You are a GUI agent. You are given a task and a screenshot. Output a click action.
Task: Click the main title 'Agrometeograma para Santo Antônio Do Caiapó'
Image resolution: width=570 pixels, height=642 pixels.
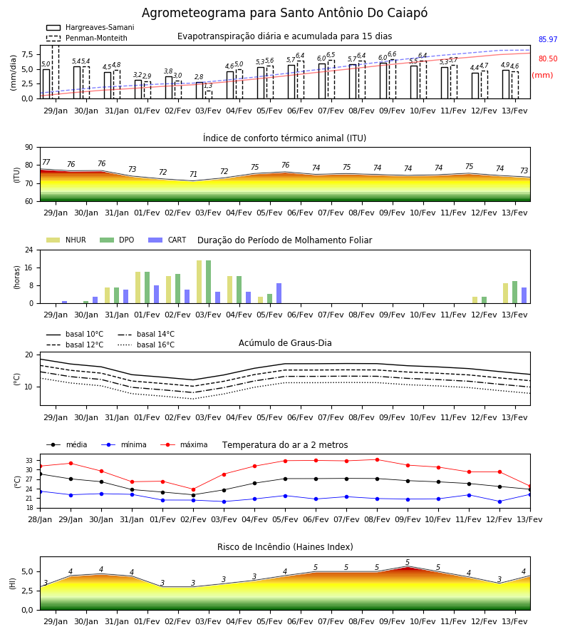click(x=284, y=13)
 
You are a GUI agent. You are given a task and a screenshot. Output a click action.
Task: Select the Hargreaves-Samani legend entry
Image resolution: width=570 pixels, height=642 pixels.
click(x=90, y=27)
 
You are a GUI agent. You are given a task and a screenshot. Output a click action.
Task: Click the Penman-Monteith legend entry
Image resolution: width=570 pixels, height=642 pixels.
click(x=87, y=38)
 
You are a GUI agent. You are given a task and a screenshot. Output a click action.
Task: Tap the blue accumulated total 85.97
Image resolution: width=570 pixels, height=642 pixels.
click(x=548, y=40)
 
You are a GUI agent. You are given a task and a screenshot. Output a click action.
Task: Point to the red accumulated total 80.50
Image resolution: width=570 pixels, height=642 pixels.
click(x=548, y=59)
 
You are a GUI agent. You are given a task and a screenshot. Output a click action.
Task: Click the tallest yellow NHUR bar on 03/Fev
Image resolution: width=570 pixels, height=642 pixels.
click(x=199, y=282)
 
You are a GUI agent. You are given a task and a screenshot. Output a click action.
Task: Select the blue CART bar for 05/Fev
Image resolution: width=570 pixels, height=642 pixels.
click(x=279, y=293)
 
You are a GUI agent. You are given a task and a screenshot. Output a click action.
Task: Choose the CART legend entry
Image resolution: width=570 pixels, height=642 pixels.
click(x=167, y=240)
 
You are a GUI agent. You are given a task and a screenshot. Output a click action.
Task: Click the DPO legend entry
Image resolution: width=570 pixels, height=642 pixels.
click(x=117, y=240)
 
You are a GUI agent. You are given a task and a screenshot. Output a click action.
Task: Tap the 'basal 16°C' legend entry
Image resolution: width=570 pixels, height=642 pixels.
click(x=146, y=345)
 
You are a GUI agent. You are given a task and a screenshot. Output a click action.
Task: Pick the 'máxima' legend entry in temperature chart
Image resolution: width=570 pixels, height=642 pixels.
click(x=184, y=444)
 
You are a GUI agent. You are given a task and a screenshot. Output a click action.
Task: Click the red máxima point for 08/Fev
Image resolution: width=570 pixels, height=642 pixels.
click(x=377, y=460)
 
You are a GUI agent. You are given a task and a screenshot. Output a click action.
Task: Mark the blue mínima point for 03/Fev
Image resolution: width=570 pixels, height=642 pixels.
click(x=224, y=501)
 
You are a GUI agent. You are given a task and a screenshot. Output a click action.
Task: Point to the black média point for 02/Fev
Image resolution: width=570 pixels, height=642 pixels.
click(x=193, y=495)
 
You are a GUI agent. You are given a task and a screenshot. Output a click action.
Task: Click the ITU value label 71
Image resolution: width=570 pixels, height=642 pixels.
click(x=193, y=175)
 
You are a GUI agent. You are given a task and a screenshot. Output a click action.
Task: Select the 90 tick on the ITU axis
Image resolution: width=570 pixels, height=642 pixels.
click(x=29, y=148)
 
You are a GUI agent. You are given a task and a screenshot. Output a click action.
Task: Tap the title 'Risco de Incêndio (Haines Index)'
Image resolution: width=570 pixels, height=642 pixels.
click(x=285, y=547)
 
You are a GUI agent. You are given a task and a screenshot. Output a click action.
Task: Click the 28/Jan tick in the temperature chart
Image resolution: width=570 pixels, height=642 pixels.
click(x=40, y=519)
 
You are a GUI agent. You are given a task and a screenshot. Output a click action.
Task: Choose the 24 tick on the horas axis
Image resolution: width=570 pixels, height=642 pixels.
click(x=29, y=250)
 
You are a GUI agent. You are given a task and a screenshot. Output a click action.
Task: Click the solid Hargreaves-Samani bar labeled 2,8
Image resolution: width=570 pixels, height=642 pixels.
click(x=199, y=91)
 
